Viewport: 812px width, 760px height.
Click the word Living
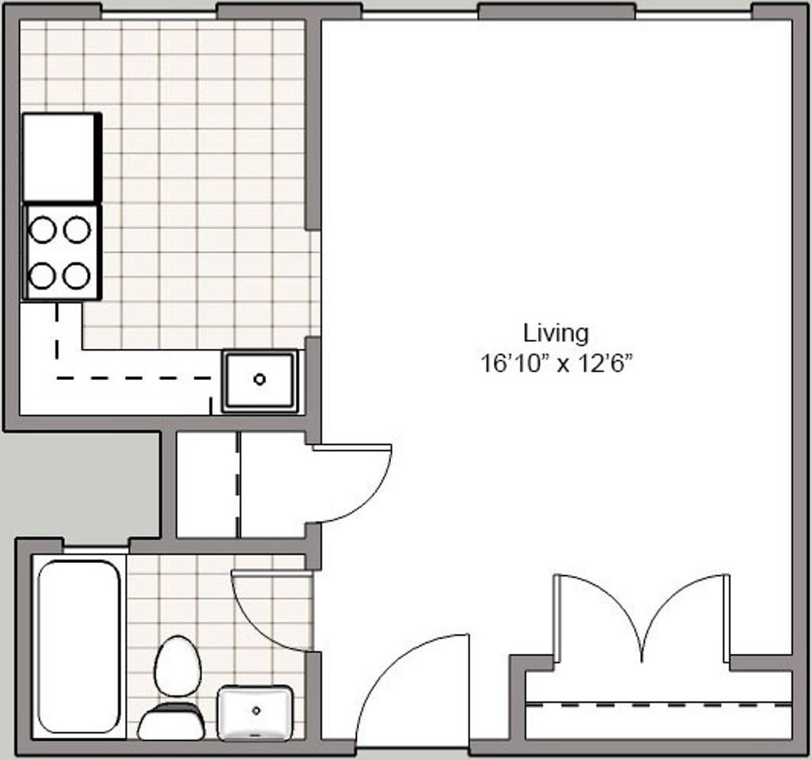click(x=556, y=332)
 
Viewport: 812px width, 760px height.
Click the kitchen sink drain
click(x=260, y=379)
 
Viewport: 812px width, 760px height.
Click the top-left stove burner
click(x=42, y=230)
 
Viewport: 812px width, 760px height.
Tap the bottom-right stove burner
click(x=77, y=276)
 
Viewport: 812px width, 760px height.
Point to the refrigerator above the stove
click(x=59, y=157)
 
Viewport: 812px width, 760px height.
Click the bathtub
click(x=78, y=646)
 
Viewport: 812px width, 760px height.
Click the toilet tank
click(x=171, y=722)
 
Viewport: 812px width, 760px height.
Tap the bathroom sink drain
click(x=256, y=710)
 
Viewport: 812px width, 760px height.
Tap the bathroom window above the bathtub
click(x=95, y=548)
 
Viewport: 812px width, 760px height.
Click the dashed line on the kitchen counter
click(x=135, y=378)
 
